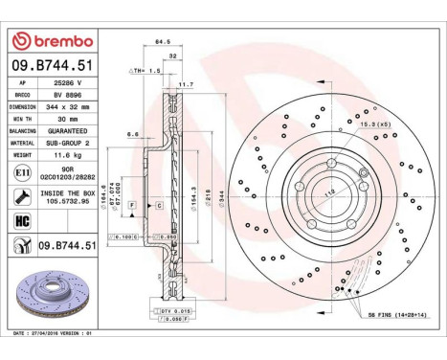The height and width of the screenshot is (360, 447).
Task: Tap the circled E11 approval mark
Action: pos(22,169)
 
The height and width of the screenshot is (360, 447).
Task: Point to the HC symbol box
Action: pos(22,221)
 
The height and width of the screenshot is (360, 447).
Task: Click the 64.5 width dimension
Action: pos(162,42)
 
